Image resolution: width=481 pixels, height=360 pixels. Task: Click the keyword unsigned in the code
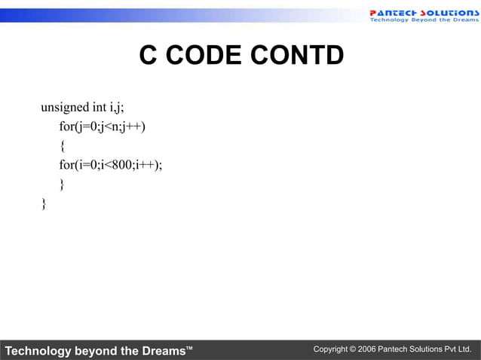coord(65,107)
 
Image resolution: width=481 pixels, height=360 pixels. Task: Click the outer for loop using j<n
coord(103,127)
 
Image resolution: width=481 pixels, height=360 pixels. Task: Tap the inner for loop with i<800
coord(111,166)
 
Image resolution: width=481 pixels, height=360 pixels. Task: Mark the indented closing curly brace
coord(63,185)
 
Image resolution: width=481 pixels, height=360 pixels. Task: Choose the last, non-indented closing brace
coord(44,203)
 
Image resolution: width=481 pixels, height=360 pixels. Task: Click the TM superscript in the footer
coord(189,347)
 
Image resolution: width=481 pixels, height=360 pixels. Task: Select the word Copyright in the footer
coord(331,350)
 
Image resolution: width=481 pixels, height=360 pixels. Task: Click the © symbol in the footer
coord(354,350)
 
